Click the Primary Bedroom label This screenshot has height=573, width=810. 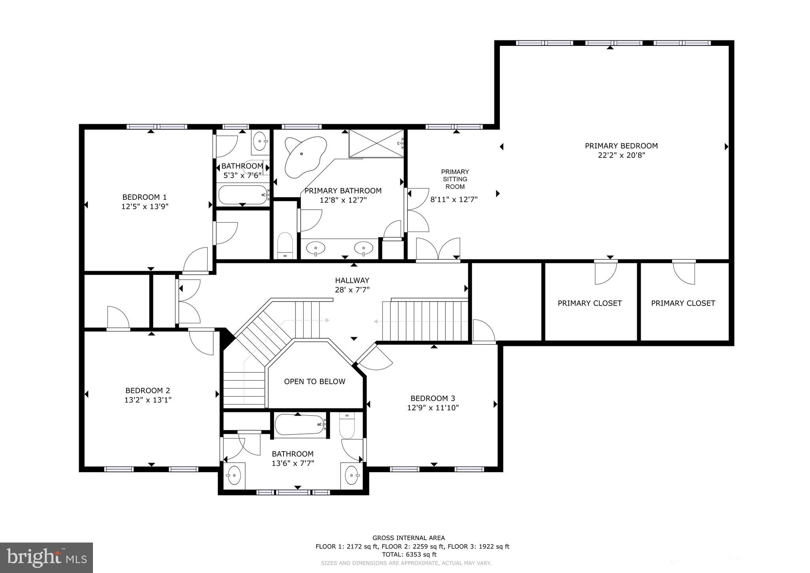tap(621, 146)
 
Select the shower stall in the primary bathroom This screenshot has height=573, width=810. tap(376, 143)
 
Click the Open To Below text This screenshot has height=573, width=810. tap(314, 381)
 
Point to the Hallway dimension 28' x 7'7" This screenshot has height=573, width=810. tap(352, 290)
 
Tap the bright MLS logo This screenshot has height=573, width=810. tap(46, 558)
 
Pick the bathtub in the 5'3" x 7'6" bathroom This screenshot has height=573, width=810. tap(243, 195)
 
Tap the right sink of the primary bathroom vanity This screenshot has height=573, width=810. tap(363, 249)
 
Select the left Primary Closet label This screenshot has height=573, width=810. tap(589, 303)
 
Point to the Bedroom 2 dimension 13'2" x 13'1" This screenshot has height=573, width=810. tap(148, 400)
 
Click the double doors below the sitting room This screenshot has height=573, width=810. tap(438, 249)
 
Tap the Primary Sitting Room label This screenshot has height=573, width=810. tap(455, 179)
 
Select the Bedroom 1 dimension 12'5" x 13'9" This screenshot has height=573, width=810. tap(145, 206)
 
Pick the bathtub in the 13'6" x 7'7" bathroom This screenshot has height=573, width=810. tap(299, 425)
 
